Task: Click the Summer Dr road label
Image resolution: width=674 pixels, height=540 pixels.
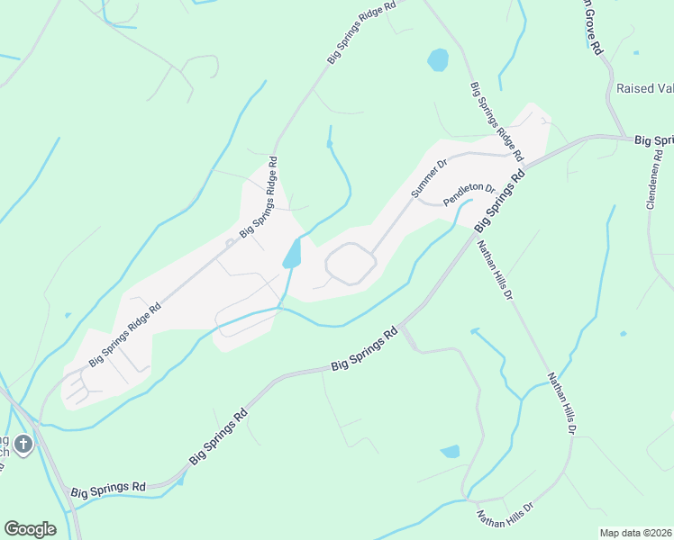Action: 430,180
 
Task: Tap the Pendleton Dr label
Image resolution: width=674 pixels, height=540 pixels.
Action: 469,195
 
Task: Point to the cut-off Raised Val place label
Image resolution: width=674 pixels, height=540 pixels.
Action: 644,88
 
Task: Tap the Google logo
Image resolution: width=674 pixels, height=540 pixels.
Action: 30,529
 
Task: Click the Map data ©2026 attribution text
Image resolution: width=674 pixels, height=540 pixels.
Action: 635,533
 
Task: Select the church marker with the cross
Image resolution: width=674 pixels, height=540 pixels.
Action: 23,443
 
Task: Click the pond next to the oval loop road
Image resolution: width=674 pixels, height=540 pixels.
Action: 293,255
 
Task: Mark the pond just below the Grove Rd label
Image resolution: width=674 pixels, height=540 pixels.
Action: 438,60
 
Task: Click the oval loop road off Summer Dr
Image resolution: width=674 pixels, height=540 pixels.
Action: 350,264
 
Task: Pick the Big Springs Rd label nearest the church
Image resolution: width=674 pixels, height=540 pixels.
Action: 113,486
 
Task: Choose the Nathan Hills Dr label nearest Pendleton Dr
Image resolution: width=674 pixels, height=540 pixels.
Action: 495,269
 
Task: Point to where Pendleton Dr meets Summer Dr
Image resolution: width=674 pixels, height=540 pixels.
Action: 416,200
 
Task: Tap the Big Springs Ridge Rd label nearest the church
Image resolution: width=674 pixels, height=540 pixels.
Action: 125,334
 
